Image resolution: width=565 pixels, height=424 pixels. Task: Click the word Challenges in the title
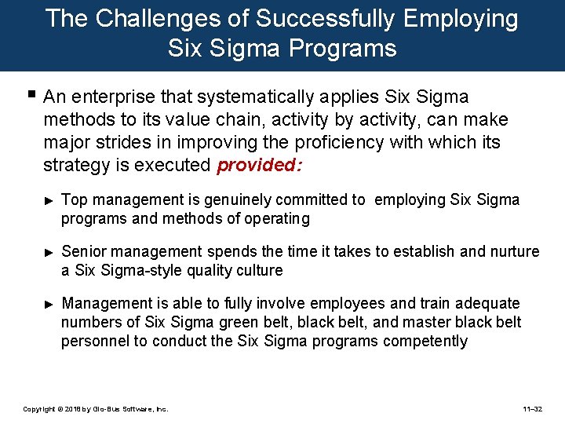pyautogui.click(x=157, y=19)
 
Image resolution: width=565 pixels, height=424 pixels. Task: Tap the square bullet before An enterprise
pyautogui.click(x=30, y=96)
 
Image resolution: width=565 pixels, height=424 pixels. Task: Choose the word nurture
pyautogui.click(x=514, y=251)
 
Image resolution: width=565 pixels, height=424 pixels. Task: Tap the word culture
pyautogui.click(x=258, y=270)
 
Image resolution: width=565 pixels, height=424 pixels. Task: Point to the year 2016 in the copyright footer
pyautogui.click(x=75, y=409)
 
